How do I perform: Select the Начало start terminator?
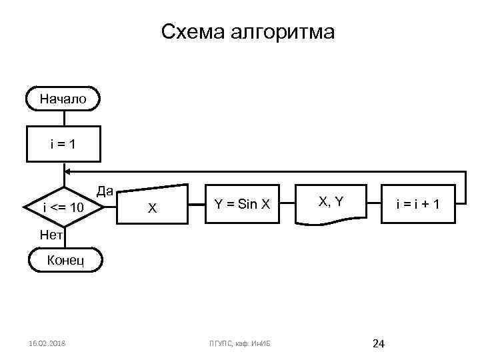coord(63,99)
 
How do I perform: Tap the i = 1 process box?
coord(63,143)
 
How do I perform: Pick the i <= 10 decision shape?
coord(63,208)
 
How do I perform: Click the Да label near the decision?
coord(104,191)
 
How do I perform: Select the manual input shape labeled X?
coord(152,207)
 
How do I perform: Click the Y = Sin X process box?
coord(241,204)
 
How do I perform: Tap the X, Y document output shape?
coord(331,203)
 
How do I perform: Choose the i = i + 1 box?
coord(416,204)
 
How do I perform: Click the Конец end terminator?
coord(65,259)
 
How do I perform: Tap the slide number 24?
coord(379,343)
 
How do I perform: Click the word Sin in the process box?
coord(247,204)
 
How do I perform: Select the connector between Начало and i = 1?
coord(63,117)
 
